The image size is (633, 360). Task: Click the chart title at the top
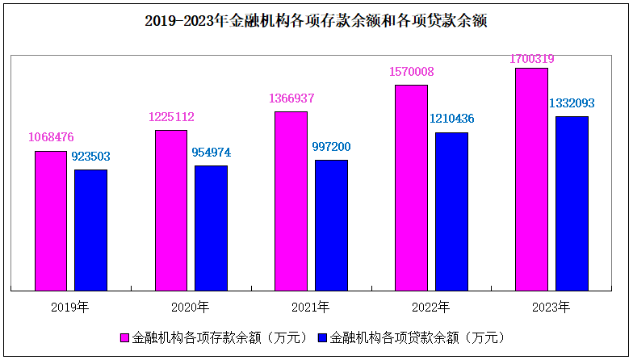pos(316,22)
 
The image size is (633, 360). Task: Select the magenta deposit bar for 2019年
pos(51,220)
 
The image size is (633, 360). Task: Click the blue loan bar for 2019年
pos(90,229)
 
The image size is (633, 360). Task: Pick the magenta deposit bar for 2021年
pos(291,200)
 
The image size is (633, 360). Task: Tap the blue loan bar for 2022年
pos(451,211)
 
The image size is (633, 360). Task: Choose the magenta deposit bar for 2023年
pos(531,178)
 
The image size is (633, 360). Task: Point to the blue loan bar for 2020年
pos(211,227)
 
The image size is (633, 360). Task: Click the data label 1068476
pos(51,137)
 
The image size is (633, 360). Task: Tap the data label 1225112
pos(171,117)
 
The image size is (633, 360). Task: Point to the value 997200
pos(331,147)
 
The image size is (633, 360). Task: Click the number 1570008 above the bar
pos(411,72)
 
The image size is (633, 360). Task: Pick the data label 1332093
pos(572,103)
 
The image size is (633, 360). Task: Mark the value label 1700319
pos(531,58)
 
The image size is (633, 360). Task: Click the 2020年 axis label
pos(191,307)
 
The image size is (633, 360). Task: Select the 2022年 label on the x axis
pos(431,307)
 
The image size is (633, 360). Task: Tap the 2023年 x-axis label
pos(551,307)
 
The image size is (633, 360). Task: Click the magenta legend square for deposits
pos(125,337)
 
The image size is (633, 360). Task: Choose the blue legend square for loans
pos(324,337)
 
